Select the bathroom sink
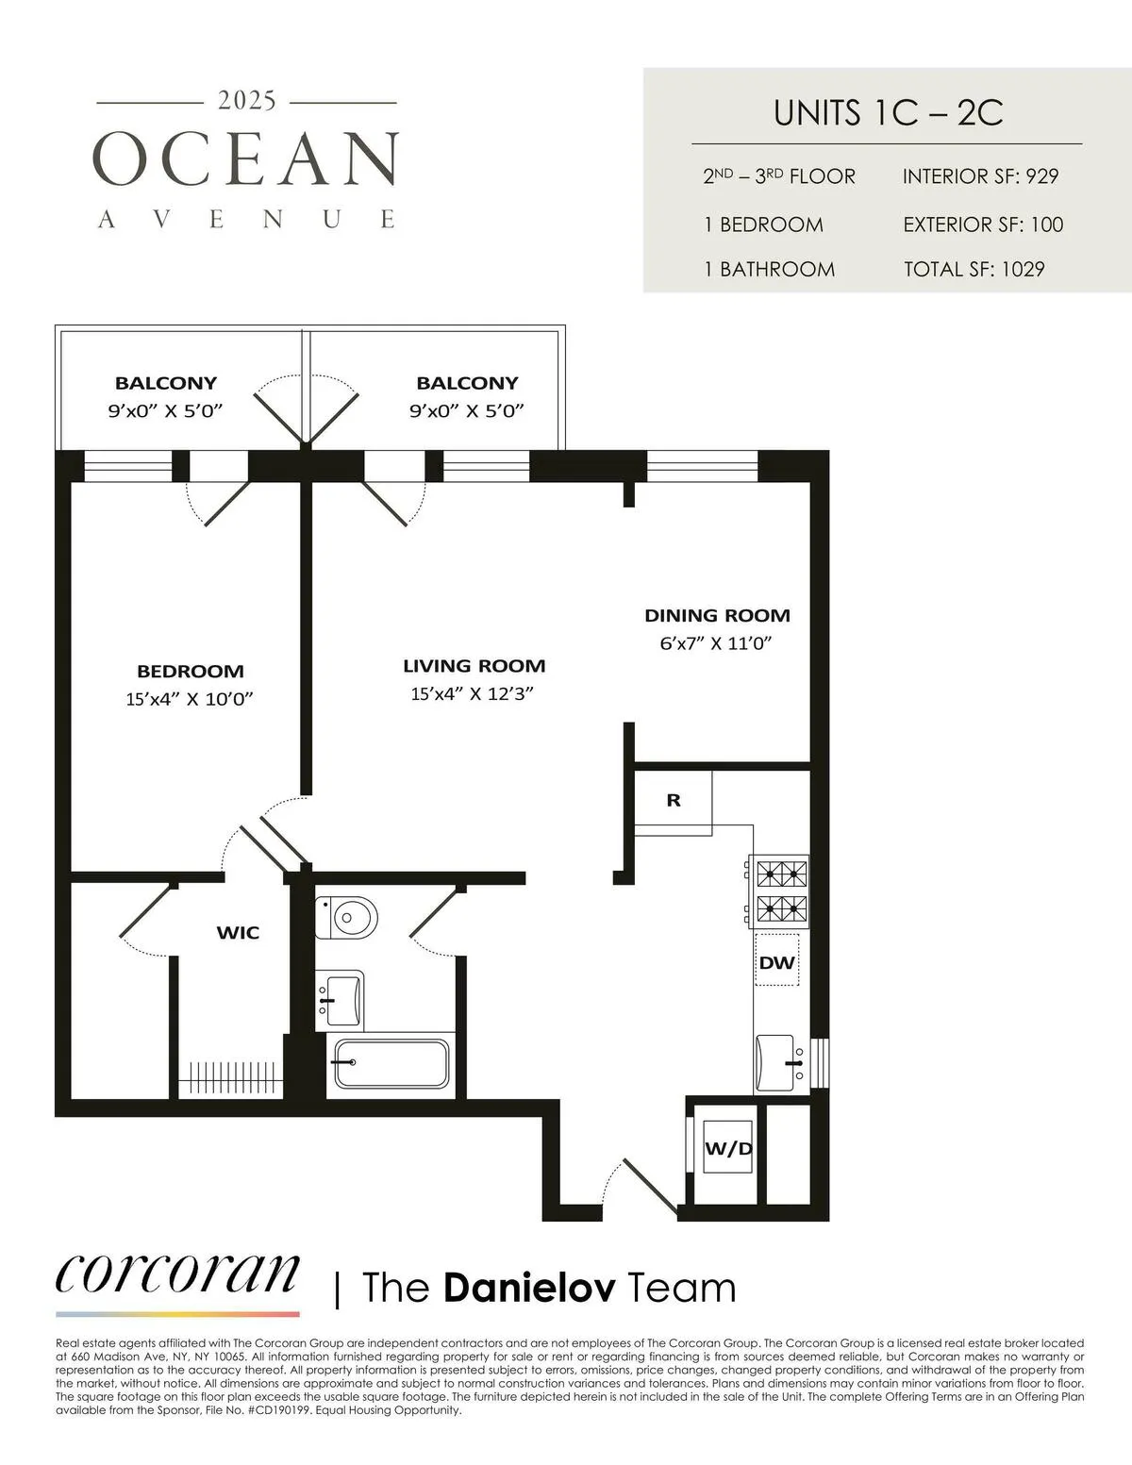(340, 998)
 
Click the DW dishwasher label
(777, 963)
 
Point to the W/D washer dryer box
(728, 1149)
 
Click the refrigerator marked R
(674, 800)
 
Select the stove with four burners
(778, 891)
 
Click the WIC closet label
(238, 933)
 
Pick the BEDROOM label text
(191, 672)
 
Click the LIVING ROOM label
(474, 666)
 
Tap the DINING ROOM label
(717, 616)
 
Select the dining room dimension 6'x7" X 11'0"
(716, 644)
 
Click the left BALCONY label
(166, 383)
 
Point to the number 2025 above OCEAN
(247, 100)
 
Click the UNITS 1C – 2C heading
(888, 112)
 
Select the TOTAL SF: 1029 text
(974, 269)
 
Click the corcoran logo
(178, 1274)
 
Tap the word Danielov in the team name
(529, 1288)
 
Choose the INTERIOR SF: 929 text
(980, 176)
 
